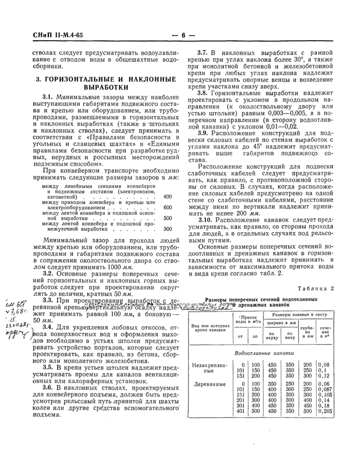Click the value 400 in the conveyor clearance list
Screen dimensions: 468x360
[x=168, y=196]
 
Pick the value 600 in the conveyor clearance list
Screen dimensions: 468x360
[x=168, y=207]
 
